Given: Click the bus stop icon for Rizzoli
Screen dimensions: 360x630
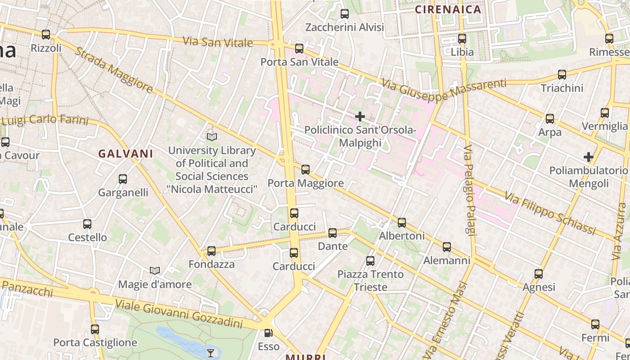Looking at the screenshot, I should [45, 34].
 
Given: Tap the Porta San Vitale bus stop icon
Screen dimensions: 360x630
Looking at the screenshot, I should [299, 49].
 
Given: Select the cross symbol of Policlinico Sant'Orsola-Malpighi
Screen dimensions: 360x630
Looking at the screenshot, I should [360, 117].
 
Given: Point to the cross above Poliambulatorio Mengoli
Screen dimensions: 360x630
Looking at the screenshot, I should [588, 157].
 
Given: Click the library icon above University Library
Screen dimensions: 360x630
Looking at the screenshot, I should [211, 136].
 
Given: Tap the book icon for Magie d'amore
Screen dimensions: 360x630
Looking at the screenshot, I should [155, 270].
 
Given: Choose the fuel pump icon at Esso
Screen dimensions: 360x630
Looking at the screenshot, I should [268, 333].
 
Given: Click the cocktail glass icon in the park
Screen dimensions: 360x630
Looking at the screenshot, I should [210, 352].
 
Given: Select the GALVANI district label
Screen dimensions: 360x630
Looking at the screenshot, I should [126, 153].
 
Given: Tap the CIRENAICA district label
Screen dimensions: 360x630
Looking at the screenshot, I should [448, 9].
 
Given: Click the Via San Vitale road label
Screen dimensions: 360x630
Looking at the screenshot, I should [218, 42].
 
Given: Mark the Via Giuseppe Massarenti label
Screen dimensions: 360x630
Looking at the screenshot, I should [444, 90].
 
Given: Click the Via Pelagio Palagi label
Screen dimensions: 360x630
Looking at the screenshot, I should [470, 190].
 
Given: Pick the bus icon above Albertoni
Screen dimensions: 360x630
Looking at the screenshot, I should [402, 223].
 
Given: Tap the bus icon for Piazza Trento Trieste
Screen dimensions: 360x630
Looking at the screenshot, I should [370, 261].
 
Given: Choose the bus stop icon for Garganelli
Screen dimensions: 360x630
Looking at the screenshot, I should [123, 179].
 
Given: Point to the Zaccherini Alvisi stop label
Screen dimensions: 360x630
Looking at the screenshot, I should [345, 27].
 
